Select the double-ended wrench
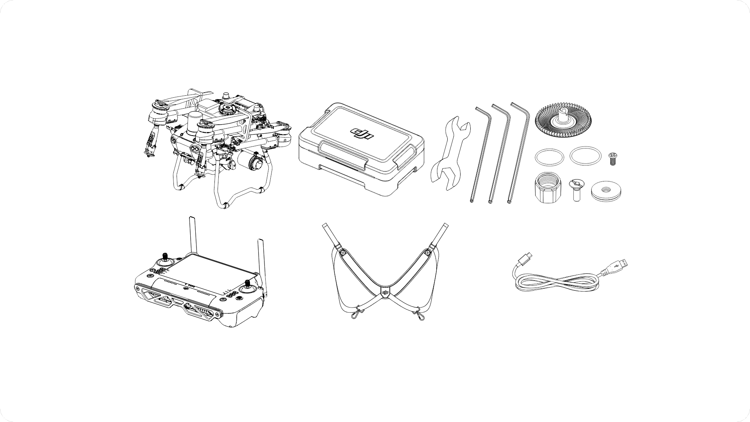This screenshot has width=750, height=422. tap(450, 153)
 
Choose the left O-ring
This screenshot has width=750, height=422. tap(550, 157)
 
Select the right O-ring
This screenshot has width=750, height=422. tap(585, 156)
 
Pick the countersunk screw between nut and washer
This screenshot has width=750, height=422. tap(575, 190)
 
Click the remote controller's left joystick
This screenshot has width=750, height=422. tap(164, 260)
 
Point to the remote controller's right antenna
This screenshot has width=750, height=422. tap(261, 266)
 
